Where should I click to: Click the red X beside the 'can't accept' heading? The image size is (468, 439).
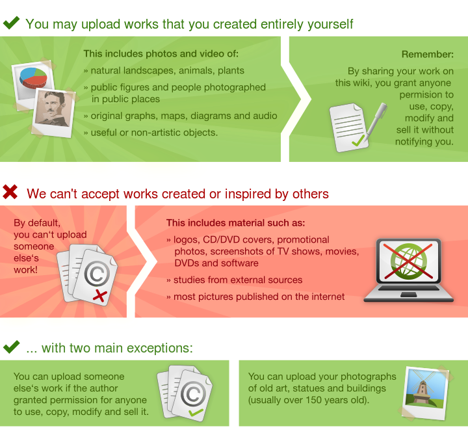10,192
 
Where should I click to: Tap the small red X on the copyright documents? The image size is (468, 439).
99,296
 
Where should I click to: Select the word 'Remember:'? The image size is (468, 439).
427,55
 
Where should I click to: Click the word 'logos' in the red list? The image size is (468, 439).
186,239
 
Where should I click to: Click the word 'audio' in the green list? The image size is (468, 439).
265,116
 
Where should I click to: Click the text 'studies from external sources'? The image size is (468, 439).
238,280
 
